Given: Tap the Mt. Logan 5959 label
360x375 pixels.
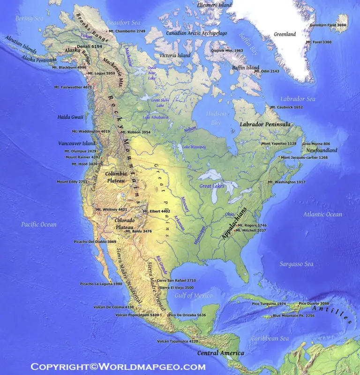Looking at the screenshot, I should pyautogui.click(x=104, y=73).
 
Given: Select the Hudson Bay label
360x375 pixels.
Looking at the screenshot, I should pyautogui.click(x=216, y=118).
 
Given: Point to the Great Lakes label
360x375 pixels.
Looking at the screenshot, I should pyautogui.click(x=212, y=186).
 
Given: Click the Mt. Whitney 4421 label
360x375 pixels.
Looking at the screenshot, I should pyautogui.click(x=111, y=209).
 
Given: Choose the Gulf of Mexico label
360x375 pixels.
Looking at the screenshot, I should pyautogui.click(x=193, y=295).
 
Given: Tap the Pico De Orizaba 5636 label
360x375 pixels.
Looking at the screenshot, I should pyautogui.click(x=188, y=315).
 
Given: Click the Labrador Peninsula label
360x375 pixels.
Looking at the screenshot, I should pyautogui.click(x=265, y=125).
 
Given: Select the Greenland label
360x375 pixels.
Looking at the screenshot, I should pyautogui.click(x=285, y=34).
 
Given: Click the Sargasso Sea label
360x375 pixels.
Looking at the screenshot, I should pyautogui.click(x=296, y=264).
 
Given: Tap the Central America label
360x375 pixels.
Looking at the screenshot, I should pyautogui.click(x=220, y=353).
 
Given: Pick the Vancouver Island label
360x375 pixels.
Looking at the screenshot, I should pyautogui.click(x=77, y=144).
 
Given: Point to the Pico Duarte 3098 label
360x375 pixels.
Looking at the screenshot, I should pyautogui.click(x=314, y=303).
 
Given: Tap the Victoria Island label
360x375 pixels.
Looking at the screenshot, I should pyautogui.click(x=175, y=55).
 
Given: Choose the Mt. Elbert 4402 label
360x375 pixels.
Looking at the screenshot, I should pyautogui.click(x=159, y=211).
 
